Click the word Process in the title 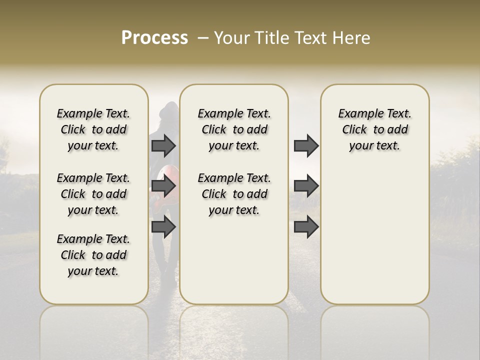(x=154, y=38)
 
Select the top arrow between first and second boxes (x=163, y=145)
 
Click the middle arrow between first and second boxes (x=163, y=186)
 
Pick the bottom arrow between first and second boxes (x=163, y=227)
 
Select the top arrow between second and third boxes (x=306, y=145)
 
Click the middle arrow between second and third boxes (x=306, y=186)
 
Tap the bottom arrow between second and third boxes (x=306, y=227)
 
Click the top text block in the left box (x=93, y=129)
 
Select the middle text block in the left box (x=93, y=194)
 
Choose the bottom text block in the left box (x=93, y=255)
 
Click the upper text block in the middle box (x=234, y=129)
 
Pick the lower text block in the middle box (x=234, y=194)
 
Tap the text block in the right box (x=374, y=129)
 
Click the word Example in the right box (x=356, y=114)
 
